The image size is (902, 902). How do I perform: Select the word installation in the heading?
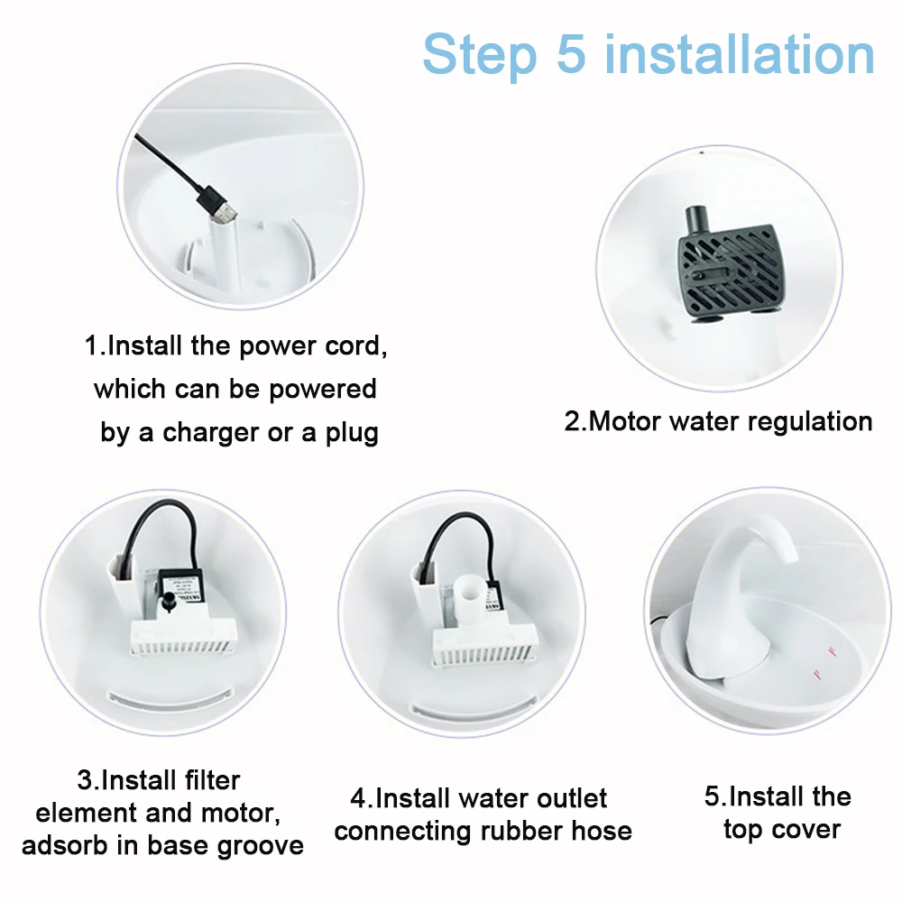[x=740, y=54]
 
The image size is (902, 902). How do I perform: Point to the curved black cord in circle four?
[x=460, y=536]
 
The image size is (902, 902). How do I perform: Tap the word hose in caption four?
[x=601, y=831]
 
